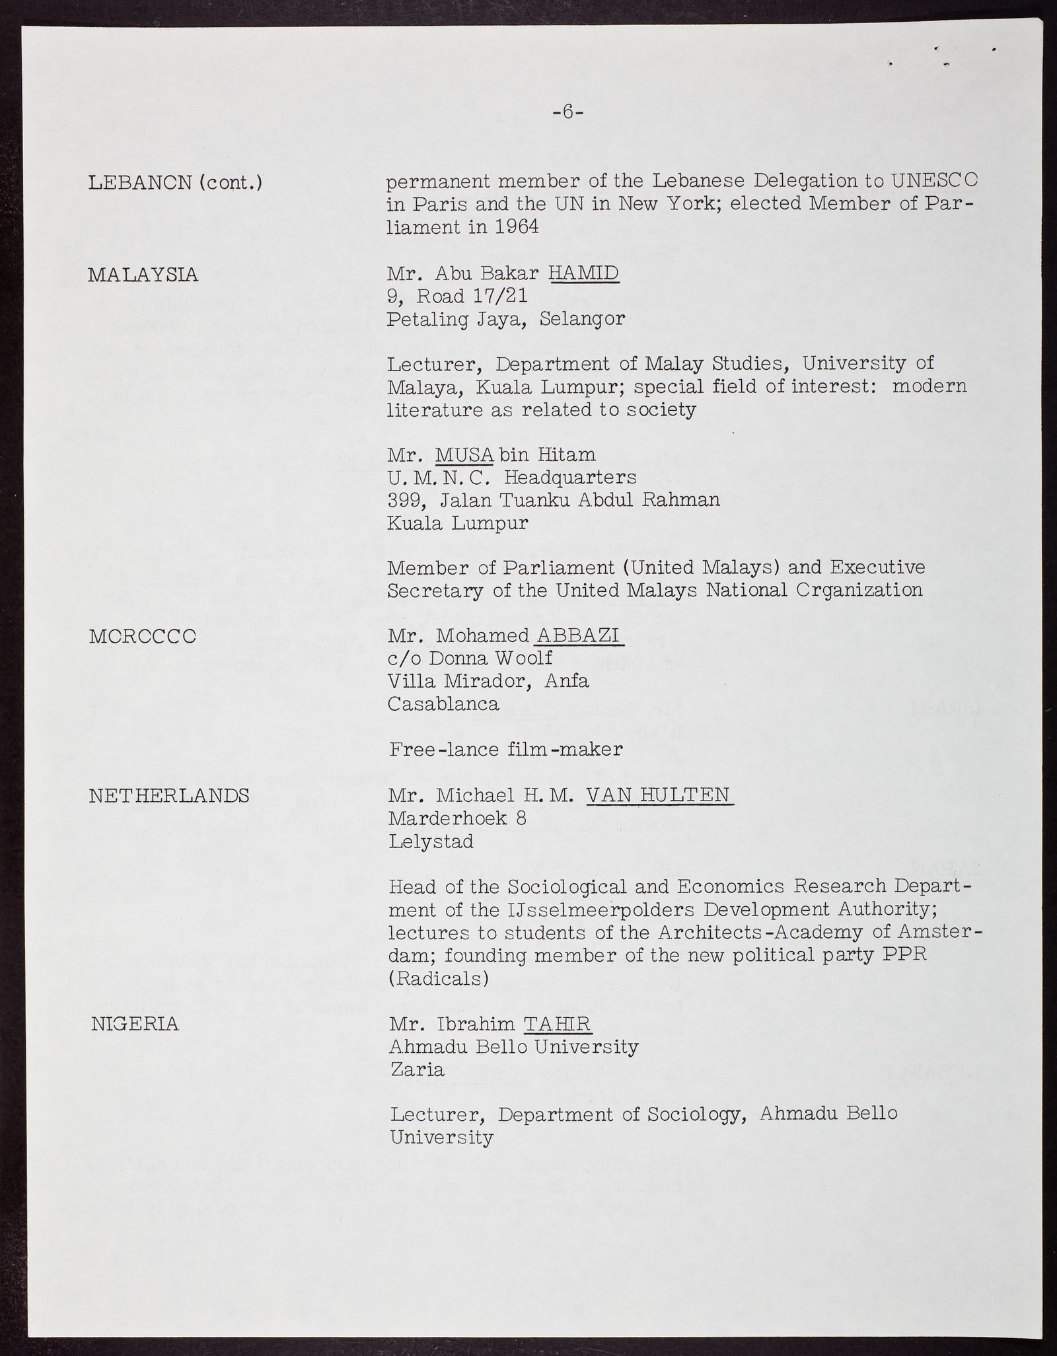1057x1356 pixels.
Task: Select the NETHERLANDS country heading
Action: pos(168,796)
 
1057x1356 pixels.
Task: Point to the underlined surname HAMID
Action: pos(584,273)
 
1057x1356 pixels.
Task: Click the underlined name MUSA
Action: pos(464,454)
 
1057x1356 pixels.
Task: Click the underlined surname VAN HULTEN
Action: pos(659,795)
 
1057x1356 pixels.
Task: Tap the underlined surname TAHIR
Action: pos(557,1024)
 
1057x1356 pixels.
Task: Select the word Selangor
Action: pos(581,319)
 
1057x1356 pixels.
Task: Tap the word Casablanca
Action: pos(443,703)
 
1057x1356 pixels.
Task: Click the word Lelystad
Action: pos(431,841)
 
